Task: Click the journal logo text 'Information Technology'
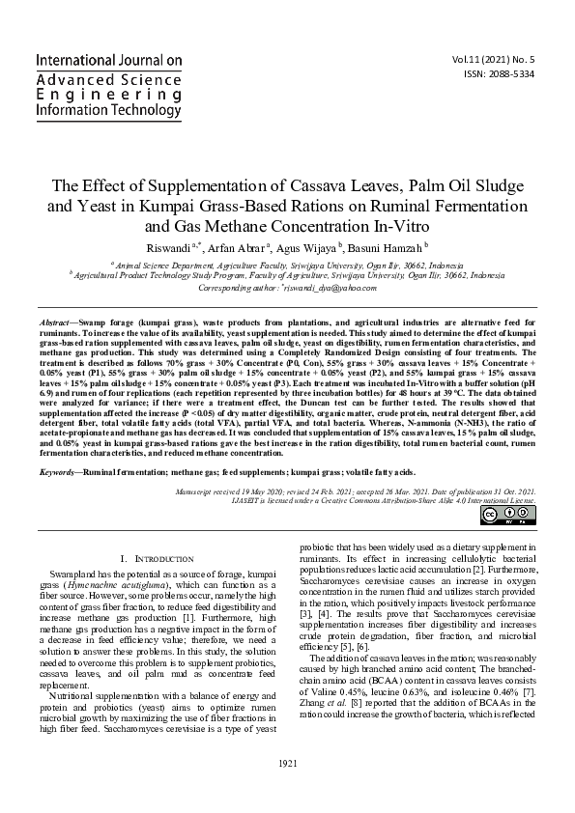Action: [x=108, y=111]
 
